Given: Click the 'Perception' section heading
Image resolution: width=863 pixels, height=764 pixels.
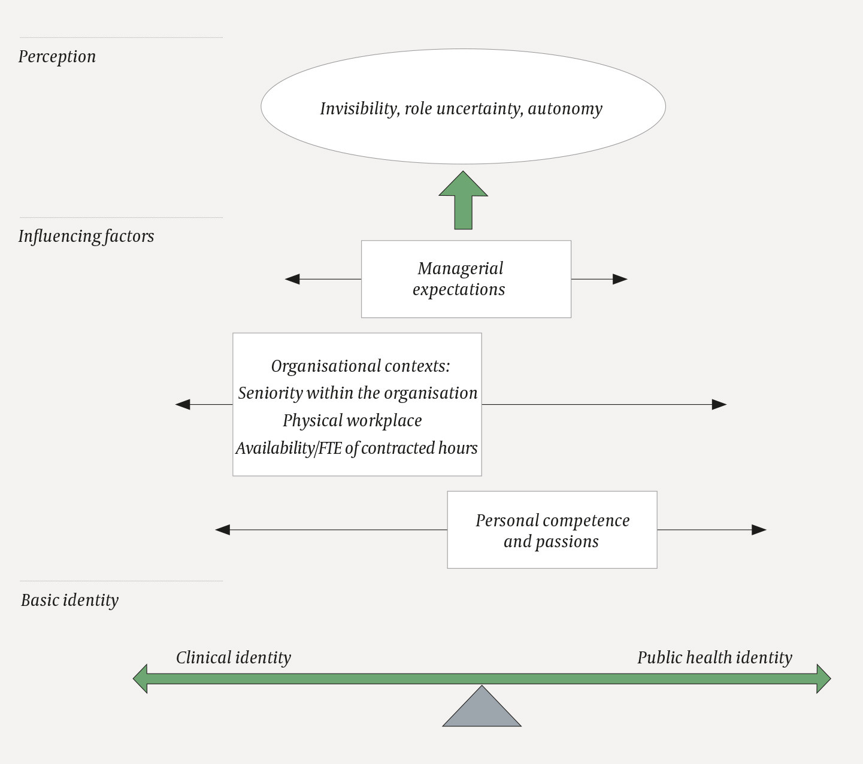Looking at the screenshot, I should tap(57, 57).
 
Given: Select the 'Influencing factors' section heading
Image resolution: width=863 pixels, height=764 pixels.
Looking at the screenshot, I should tap(86, 237).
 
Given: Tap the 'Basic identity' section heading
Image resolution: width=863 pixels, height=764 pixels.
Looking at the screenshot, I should tap(69, 601).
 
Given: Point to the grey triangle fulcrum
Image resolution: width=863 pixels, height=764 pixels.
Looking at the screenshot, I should tap(482, 710).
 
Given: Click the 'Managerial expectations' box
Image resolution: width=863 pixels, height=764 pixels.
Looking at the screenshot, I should tap(465, 279).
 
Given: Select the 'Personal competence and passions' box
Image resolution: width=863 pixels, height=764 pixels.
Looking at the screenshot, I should tap(552, 530).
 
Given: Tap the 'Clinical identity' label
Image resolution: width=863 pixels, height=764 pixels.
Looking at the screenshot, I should tap(233, 658).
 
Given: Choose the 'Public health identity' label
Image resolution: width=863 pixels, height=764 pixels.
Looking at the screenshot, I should tap(714, 658).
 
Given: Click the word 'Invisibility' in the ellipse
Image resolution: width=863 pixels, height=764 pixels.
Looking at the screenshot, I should tap(359, 109).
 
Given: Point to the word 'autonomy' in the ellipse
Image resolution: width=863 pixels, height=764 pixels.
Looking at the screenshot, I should tap(565, 109).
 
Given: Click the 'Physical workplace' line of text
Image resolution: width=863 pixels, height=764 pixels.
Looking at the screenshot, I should tap(352, 421).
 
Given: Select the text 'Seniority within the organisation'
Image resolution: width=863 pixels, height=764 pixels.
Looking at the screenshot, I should tap(358, 393).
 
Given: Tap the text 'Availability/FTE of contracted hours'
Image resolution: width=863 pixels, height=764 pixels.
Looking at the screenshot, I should tap(356, 448).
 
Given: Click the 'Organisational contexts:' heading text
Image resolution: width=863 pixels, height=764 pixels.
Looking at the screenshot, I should tap(360, 366).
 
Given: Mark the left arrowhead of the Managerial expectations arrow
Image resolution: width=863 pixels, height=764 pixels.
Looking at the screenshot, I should tap(292, 279).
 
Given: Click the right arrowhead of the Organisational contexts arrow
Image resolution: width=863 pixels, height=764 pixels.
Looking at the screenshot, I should tap(719, 405).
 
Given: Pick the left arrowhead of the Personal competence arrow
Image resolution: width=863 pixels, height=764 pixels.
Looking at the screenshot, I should tap(223, 530).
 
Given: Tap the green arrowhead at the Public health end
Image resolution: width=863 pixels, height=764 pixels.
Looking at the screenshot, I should tap(823, 678).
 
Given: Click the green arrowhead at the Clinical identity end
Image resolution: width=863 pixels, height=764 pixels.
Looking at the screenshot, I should tap(140, 678).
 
